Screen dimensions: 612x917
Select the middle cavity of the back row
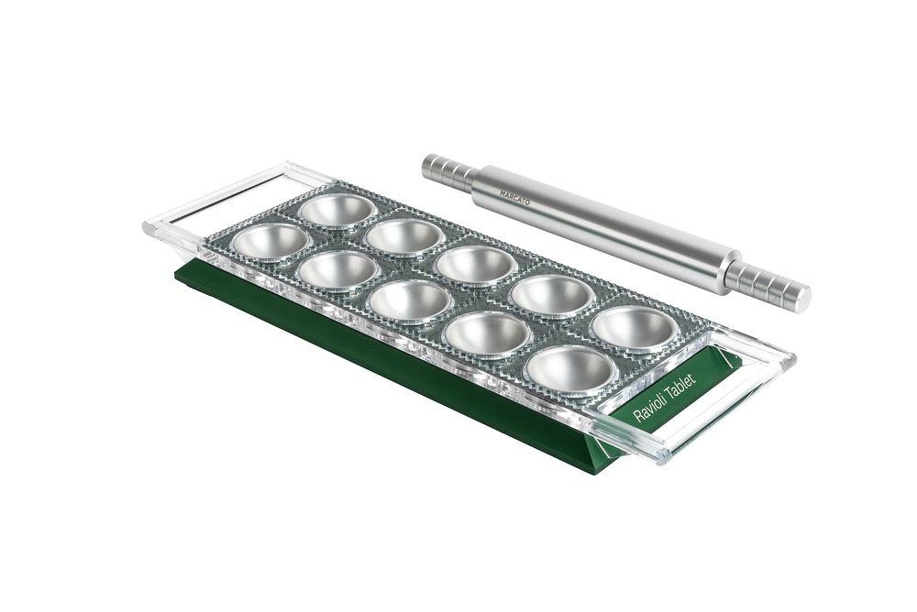click(477, 264)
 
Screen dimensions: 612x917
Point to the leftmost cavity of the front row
click(271, 242)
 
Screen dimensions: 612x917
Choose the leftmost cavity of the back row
click(337, 210)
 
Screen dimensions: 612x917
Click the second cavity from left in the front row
click(338, 270)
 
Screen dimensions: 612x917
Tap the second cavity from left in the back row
click(404, 235)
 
